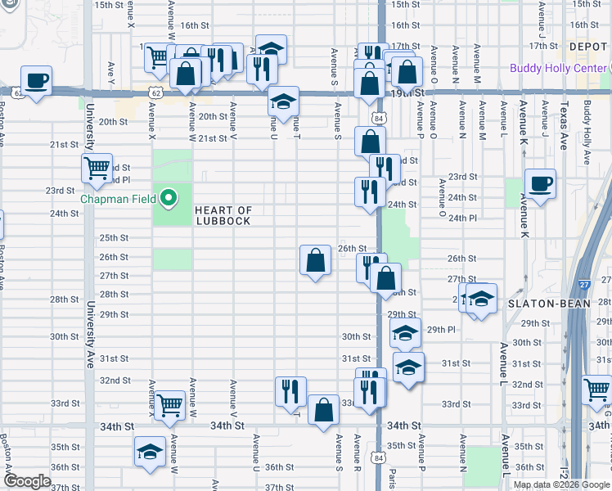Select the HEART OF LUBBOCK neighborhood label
pos(223,216)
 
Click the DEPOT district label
pos(587,47)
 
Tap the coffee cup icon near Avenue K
pos(539,184)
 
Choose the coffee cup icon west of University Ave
pos(35,81)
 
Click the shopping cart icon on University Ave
pos(97,169)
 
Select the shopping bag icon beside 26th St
pos(315,261)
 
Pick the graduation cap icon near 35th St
pos(150,453)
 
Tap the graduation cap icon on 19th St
pos(283,102)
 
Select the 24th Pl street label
pos(462,218)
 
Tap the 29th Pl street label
pos(440,329)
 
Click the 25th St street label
pos(114,237)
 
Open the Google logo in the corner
pos(26,481)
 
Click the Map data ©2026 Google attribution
pos(561,484)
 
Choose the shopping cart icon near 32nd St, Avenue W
pos(169,405)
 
